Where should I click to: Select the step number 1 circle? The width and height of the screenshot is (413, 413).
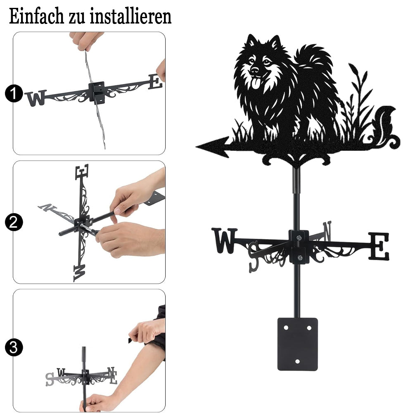point(14,93)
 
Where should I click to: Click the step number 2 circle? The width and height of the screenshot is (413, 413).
point(14,222)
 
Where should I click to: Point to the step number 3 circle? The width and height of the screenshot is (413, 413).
point(14,347)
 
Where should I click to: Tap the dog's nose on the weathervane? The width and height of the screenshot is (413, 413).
point(255,70)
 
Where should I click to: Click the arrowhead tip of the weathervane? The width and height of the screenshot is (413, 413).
point(196,147)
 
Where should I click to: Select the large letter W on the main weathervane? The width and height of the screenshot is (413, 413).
point(224,240)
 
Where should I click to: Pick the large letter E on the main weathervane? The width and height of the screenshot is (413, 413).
point(378,246)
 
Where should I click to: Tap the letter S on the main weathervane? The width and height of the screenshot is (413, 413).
point(254,257)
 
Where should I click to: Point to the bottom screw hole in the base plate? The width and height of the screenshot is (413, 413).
point(298,361)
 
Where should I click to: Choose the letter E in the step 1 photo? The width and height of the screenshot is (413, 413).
point(155,82)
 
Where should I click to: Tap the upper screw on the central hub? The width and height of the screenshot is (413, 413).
point(299,238)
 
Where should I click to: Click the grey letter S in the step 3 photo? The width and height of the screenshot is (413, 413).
point(49,380)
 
